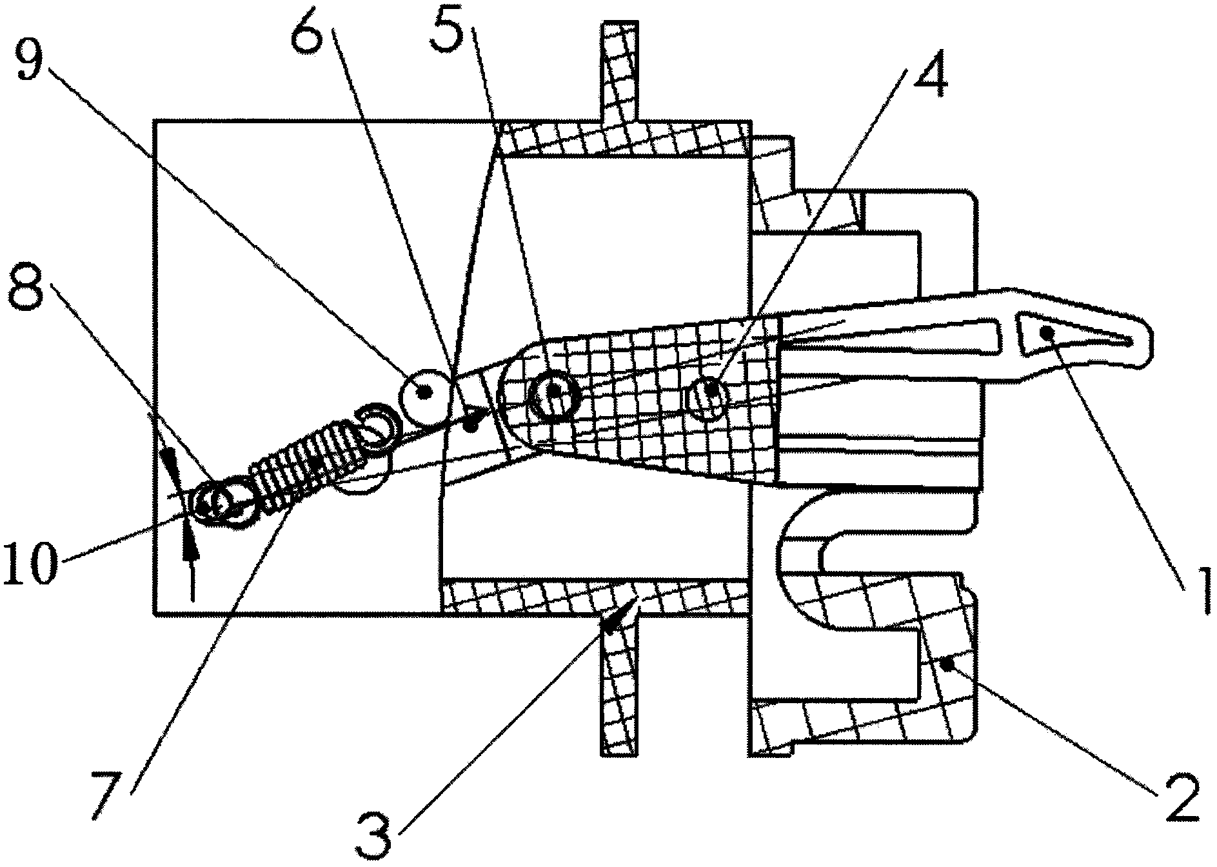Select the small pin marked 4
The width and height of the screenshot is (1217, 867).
[x=710, y=390]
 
